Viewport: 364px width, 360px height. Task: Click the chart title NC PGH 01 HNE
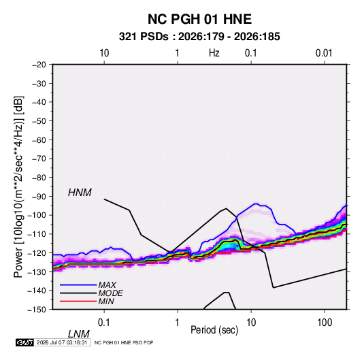click(199, 19)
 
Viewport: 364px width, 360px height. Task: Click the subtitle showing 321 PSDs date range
click(199, 37)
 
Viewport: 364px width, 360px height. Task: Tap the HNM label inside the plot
click(80, 193)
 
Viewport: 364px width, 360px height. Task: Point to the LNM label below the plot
click(79, 334)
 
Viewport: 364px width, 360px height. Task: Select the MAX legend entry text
click(107, 285)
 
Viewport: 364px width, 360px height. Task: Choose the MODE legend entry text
click(110, 293)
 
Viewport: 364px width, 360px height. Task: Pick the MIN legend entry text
click(106, 301)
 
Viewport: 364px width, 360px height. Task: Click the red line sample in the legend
click(78, 301)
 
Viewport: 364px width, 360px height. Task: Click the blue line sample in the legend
click(78, 285)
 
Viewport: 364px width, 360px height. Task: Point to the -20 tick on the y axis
click(39, 65)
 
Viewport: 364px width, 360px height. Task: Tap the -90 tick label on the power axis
click(39, 196)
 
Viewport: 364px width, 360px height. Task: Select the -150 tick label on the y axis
click(37, 310)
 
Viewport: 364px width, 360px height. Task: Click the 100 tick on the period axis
click(325, 323)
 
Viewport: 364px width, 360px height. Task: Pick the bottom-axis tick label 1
click(178, 323)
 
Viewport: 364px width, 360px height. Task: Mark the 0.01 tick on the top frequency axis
click(324, 53)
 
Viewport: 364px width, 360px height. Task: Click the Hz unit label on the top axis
click(214, 53)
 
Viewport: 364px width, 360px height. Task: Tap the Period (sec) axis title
click(214, 330)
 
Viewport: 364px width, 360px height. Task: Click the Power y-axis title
click(18, 187)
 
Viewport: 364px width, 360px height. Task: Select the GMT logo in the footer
click(25, 342)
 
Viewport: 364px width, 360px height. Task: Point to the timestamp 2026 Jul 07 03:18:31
click(62, 342)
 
